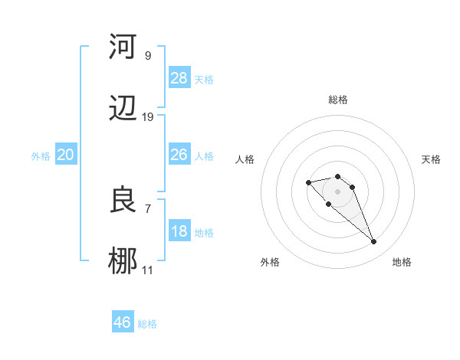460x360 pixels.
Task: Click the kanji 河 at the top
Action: [x=122, y=47]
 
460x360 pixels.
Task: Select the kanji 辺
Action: [x=122, y=109]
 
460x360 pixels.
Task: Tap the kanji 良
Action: [x=122, y=201]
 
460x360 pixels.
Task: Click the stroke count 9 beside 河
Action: [x=147, y=55]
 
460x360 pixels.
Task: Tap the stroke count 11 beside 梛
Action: [x=147, y=270]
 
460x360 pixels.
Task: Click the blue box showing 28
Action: [x=179, y=78]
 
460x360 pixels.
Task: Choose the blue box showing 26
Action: [x=179, y=155]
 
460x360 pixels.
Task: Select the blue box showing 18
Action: [x=179, y=232]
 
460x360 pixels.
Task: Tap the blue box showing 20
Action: [x=65, y=155]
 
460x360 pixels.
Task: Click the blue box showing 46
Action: [x=122, y=322]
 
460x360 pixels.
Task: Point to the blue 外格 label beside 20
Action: [x=41, y=156]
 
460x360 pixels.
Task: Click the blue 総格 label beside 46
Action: [x=147, y=324]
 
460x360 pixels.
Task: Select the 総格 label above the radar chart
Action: [x=338, y=100]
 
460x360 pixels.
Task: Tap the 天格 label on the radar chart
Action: [x=431, y=159]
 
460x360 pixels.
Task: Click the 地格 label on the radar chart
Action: [x=402, y=262]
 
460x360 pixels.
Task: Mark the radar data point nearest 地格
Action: [x=373, y=242]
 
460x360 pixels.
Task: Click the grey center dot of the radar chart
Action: [x=338, y=191]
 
